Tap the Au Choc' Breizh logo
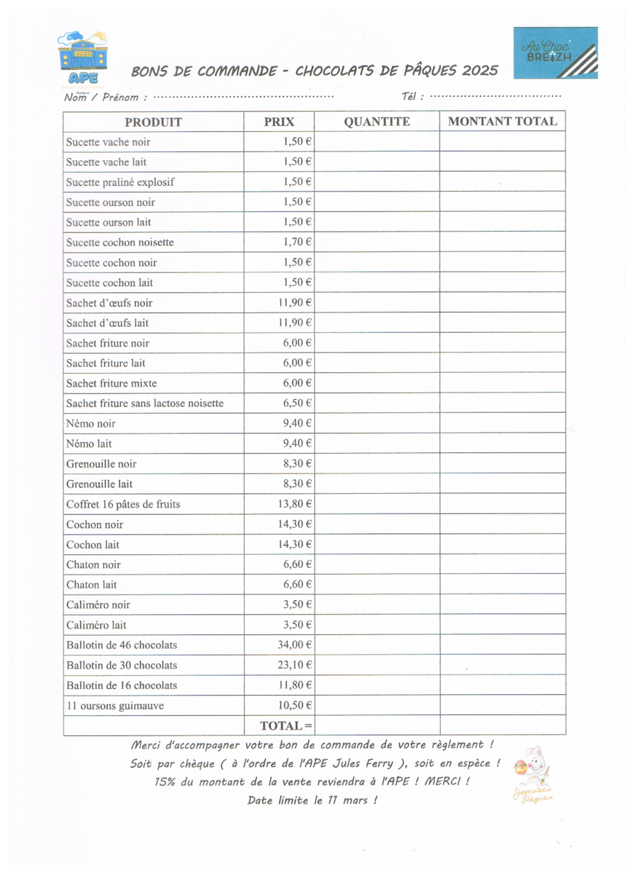557,52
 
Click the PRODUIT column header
153,122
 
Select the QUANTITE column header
377,122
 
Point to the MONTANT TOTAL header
503,122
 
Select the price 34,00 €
294,645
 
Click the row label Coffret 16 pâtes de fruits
123,503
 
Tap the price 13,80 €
294,503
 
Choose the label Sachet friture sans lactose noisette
144,403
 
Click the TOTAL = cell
286,725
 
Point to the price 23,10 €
294,665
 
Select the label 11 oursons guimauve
114,705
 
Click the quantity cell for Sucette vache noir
377,141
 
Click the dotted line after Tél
495,96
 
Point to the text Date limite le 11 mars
312,800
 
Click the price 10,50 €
294,705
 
